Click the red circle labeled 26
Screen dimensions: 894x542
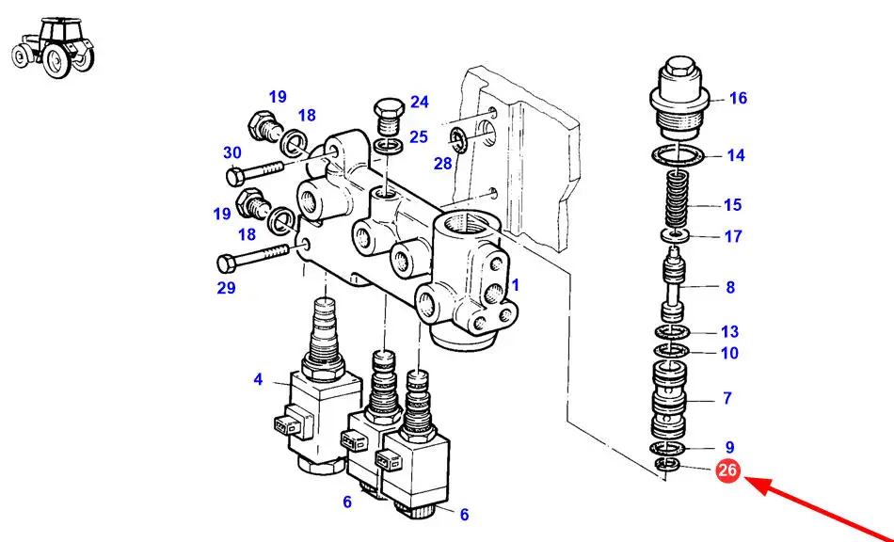click(727, 470)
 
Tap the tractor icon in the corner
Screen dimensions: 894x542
click(54, 48)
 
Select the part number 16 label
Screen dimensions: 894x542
click(738, 98)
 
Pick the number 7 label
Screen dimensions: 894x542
click(726, 398)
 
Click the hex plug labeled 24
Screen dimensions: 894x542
click(390, 117)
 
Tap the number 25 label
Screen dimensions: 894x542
click(419, 136)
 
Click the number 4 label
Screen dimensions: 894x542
click(258, 379)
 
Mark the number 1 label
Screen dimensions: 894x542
click(516, 284)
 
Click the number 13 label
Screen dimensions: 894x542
click(729, 331)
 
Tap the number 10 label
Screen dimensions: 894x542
click(729, 353)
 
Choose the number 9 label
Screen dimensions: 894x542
click(729, 447)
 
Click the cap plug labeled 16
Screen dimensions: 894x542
click(679, 97)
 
